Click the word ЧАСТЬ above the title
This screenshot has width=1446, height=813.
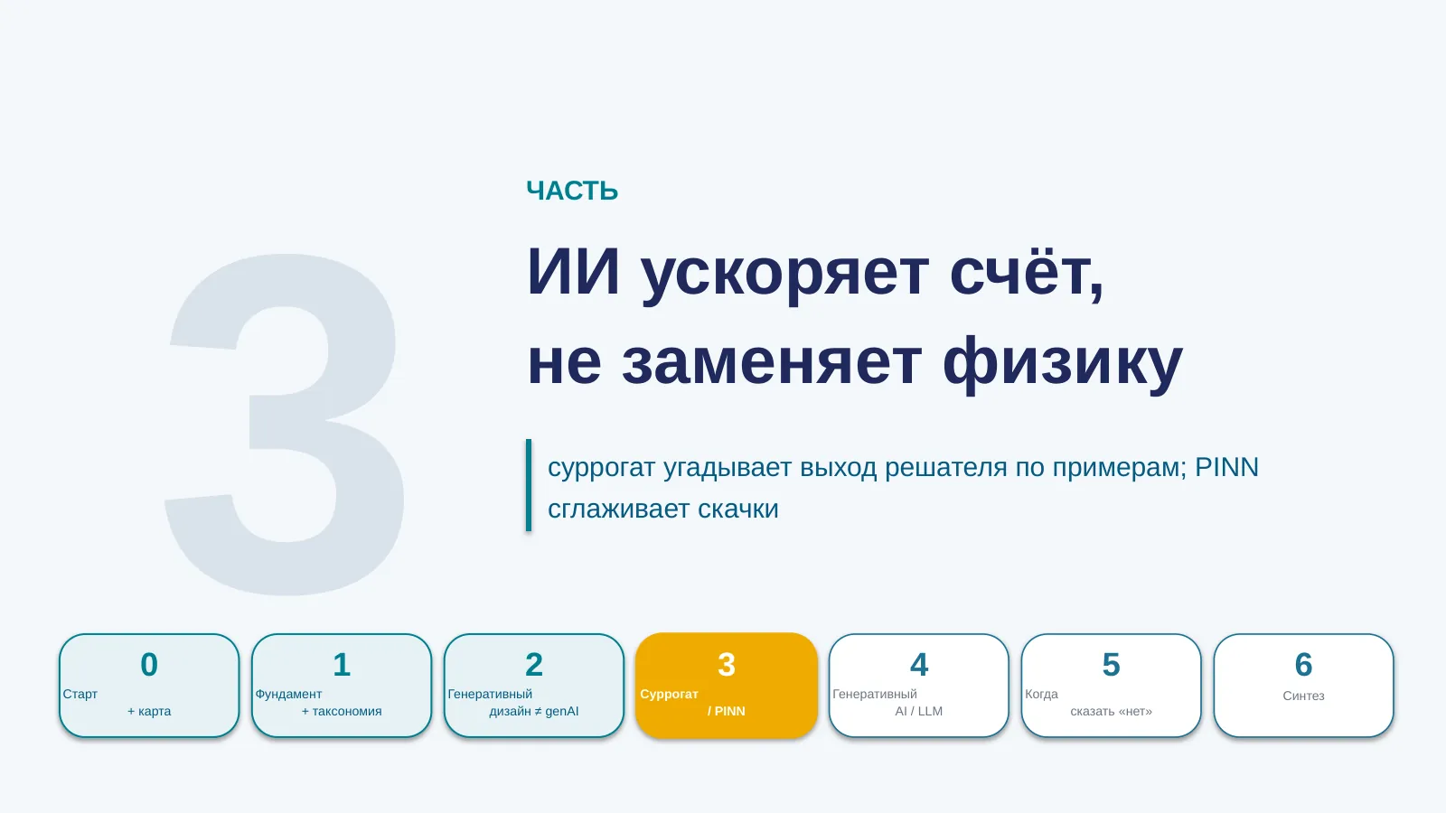click(572, 191)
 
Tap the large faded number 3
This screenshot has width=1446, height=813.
click(284, 424)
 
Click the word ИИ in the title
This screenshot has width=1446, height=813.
click(573, 272)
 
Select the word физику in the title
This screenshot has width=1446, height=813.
click(1063, 362)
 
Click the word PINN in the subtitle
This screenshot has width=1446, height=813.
click(1226, 467)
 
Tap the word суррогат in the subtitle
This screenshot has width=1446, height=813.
click(602, 469)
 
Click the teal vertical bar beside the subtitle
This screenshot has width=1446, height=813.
click(529, 485)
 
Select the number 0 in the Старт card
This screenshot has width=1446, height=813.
click(149, 665)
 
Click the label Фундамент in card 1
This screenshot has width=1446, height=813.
click(288, 695)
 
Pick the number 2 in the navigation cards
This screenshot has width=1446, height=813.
click(534, 665)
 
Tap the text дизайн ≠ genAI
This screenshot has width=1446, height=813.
click(534, 711)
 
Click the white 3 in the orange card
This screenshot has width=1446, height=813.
click(727, 665)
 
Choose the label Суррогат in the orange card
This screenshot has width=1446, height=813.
click(669, 695)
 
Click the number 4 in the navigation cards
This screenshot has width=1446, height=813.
click(918, 665)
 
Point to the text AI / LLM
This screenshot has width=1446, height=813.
click(918, 711)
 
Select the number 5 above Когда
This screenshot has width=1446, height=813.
click(1111, 665)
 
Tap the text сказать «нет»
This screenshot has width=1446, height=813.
click(1111, 711)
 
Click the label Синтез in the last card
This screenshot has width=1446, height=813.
click(1303, 696)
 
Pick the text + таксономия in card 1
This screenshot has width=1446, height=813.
click(342, 711)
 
